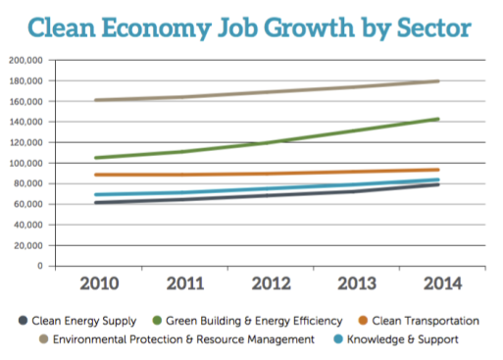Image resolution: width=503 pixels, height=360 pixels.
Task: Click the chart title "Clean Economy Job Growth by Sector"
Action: point(251,26)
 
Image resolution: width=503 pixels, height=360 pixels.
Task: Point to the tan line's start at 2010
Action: point(67,100)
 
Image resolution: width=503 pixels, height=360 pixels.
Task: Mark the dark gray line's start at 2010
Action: point(67,203)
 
